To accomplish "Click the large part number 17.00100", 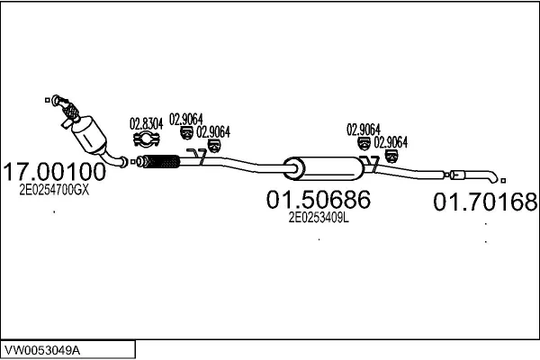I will pyautogui.click(x=55, y=172).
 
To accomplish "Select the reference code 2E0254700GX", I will pyautogui.click(x=54, y=191).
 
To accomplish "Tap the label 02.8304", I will pyautogui.click(x=146, y=124).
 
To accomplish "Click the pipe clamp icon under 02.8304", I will pyautogui.click(x=146, y=139).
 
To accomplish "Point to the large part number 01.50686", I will pyautogui.click(x=318, y=199).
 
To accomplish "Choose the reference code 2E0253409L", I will pyautogui.click(x=318, y=217).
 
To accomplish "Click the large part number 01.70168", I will pyautogui.click(x=485, y=202).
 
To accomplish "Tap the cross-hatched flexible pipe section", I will pyautogui.click(x=162, y=163).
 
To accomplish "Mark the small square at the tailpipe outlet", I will pyautogui.click(x=503, y=182).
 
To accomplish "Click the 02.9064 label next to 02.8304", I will pyautogui.click(x=185, y=118).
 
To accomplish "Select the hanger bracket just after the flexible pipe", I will pyautogui.click(x=201, y=161).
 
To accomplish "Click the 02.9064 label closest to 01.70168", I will pyautogui.click(x=391, y=142).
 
